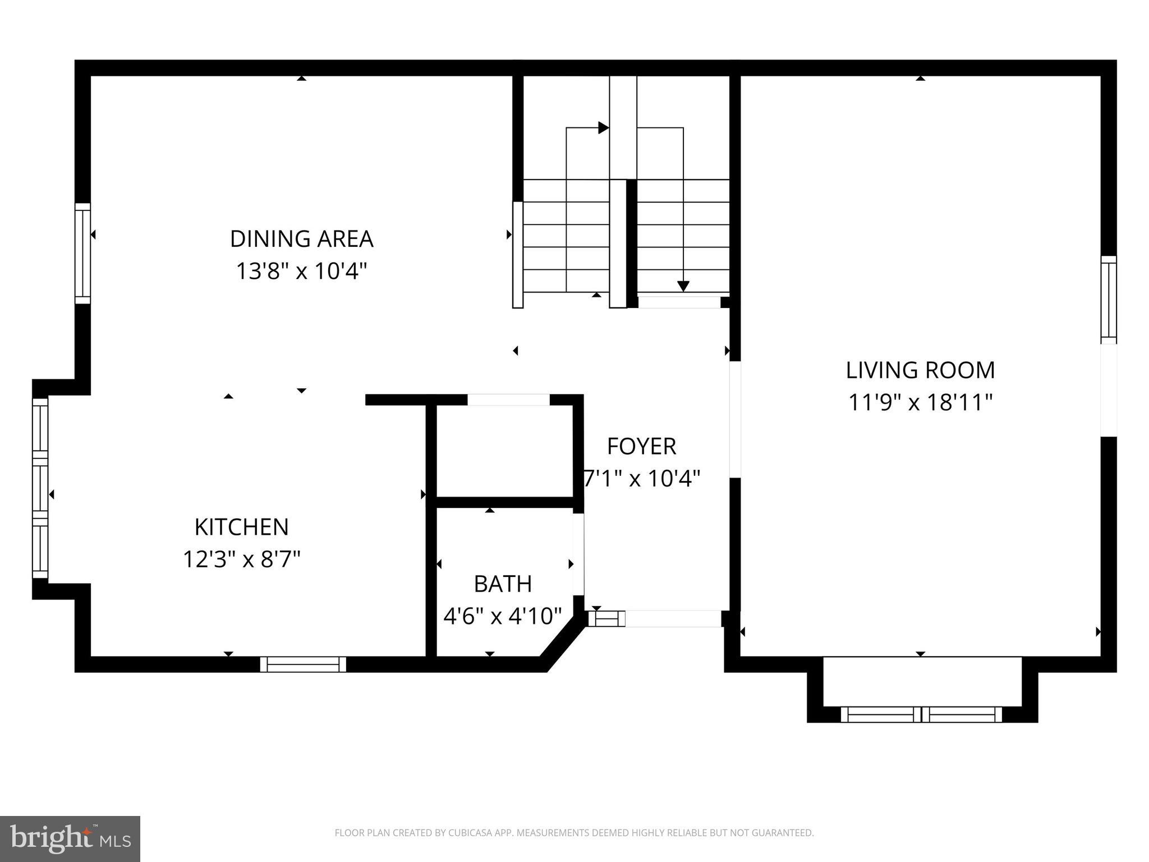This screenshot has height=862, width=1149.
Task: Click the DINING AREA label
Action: pyautogui.click(x=301, y=239)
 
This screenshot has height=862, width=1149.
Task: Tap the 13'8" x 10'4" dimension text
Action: pyautogui.click(x=301, y=272)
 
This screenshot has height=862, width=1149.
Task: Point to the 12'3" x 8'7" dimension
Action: pyautogui.click(x=241, y=560)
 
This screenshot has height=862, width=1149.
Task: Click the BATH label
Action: pyautogui.click(x=503, y=584)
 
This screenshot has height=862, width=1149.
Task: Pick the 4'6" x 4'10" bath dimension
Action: pyautogui.click(x=503, y=616)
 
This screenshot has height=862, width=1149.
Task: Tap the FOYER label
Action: pyautogui.click(x=641, y=447)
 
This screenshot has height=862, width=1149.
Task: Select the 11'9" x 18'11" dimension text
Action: pyautogui.click(x=920, y=403)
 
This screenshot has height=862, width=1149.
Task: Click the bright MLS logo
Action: pyautogui.click(x=70, y=839)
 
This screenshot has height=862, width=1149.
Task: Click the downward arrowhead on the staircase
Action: pyautogui.click(x=683, y=286)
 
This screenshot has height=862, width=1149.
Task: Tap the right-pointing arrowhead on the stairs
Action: pyautogui.click(x=604, y=128)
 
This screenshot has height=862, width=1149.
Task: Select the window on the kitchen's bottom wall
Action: pyautogui.click(x=303, y=664)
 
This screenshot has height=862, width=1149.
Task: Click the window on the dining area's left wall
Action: pyautogui.click(x=82, y=253)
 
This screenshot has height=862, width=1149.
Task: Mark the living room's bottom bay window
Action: pyautogui.click(x=921, y=714)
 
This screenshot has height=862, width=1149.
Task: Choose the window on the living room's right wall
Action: pyautogui.click(x=1108, y=300)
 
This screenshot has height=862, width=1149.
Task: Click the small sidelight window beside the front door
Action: pyautogui.click(x=606, y=618)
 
